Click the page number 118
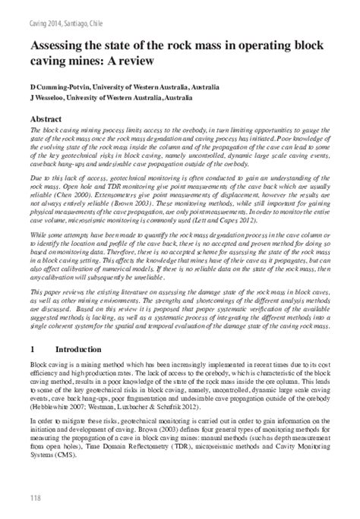click(36, 497)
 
